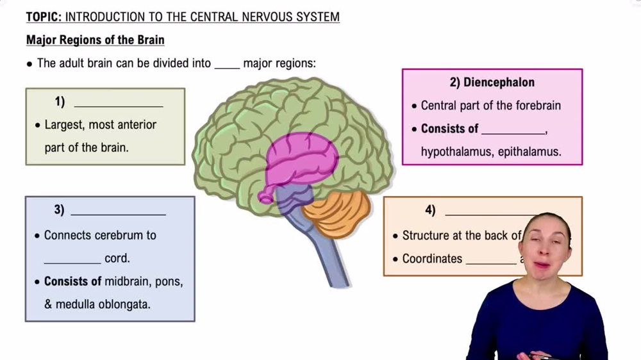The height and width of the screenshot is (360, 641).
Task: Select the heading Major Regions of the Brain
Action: [x=95, y=40]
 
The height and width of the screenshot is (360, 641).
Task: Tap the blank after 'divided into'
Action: [x=227, y=64]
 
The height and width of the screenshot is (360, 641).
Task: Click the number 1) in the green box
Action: [x=60, y=102]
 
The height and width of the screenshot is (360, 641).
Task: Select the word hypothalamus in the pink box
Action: [x=456, y=152]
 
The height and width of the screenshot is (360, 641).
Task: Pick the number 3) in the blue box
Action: [x=59, y=209]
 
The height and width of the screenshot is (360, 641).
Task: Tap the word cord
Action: [x=117, y=259]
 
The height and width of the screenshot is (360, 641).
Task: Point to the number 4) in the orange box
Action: [x=430, y=210]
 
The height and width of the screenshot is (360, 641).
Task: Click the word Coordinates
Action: [x=432, y=259]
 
